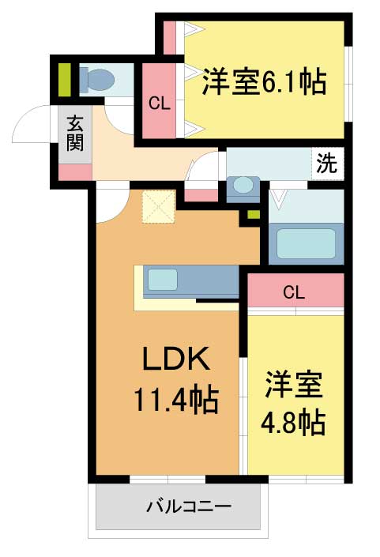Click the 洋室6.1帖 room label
tap(264, 81)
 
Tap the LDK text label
tap(175, 359)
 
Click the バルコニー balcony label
tap(190, 506)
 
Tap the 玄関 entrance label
tap(75, 134)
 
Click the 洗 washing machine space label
tap(327, 163)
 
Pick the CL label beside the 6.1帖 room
tap(159, 103)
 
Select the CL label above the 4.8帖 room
tap(294, 292)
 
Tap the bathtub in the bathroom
tap(306, 243)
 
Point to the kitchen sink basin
tap(162, 279)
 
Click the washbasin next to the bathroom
tap(243, 186)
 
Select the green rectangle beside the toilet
tap(64, 80)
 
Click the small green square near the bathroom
tap(254, 215)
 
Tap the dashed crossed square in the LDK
tap(159, 206)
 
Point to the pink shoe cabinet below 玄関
tap(75, 172)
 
